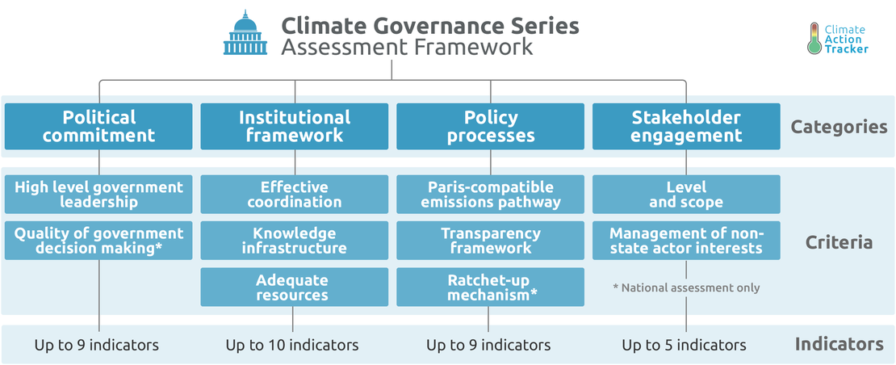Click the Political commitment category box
tap(98, 126)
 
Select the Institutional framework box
tap(295, 126)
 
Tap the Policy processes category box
tap(490, 126)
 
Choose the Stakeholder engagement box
tap(686, 126)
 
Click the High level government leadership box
tap(98, 195)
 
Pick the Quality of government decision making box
tap(98, 241)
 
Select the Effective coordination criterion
tap(295, 195)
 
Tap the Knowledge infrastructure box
tap(295, 241)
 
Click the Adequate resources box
tap(295, 287)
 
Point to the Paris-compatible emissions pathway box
tap(490, 195)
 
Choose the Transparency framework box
tap(490, 241)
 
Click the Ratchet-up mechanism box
tap(490, 287)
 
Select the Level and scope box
tap(686, 195)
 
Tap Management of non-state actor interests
tap(686, 241)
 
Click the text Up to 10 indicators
tap(292, 345)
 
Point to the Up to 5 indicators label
tap(684, 345)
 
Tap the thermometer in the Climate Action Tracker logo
tap(815, 38)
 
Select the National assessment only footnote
tap(686, 287)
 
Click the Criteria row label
tap(839, 242)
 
